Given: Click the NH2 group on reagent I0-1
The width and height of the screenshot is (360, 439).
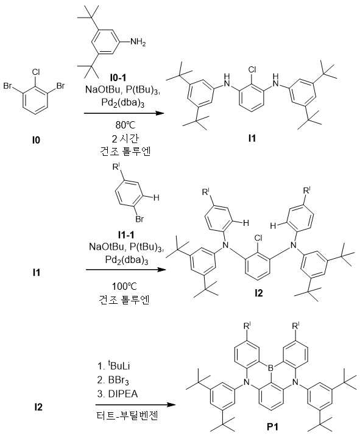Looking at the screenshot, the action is pos(138,42).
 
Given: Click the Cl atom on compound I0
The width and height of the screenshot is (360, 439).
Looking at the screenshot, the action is pos(36,72).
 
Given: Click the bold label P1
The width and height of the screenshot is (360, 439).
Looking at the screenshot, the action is pos(272,427).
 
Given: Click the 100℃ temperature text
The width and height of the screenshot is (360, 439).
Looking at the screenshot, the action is pos(124,286).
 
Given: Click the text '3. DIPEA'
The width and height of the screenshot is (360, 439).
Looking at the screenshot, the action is pos(118,394).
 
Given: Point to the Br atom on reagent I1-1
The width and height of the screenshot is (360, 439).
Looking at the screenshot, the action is pos(139,219).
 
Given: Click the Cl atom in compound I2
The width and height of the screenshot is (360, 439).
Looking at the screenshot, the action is pos(258,238).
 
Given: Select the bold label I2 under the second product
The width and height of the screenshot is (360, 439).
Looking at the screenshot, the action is pos(259,293).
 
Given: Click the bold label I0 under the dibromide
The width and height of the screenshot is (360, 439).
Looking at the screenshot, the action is pos(36,140).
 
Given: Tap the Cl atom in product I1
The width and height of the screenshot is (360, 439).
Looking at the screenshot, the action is pos(252,69).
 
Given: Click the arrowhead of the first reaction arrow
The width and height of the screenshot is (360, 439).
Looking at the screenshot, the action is pos(160,113).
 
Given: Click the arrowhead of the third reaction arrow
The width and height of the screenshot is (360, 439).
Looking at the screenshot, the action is pos(171,404).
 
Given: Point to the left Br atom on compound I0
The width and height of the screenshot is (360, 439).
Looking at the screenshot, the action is pos(8,86).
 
